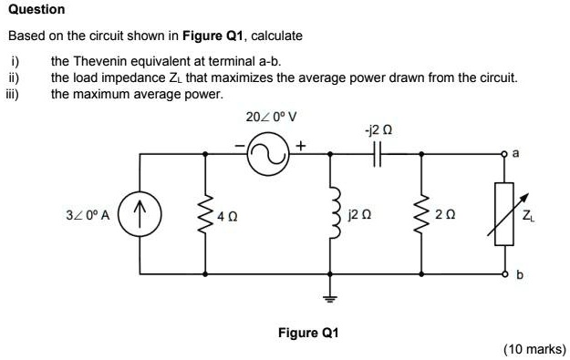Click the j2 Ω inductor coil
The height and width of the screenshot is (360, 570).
click(330, 217)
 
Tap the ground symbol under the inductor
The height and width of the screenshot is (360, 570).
click(330, 299)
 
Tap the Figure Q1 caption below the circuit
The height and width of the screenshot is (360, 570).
click(308, 333)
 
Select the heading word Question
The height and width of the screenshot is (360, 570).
click(36, 9)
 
